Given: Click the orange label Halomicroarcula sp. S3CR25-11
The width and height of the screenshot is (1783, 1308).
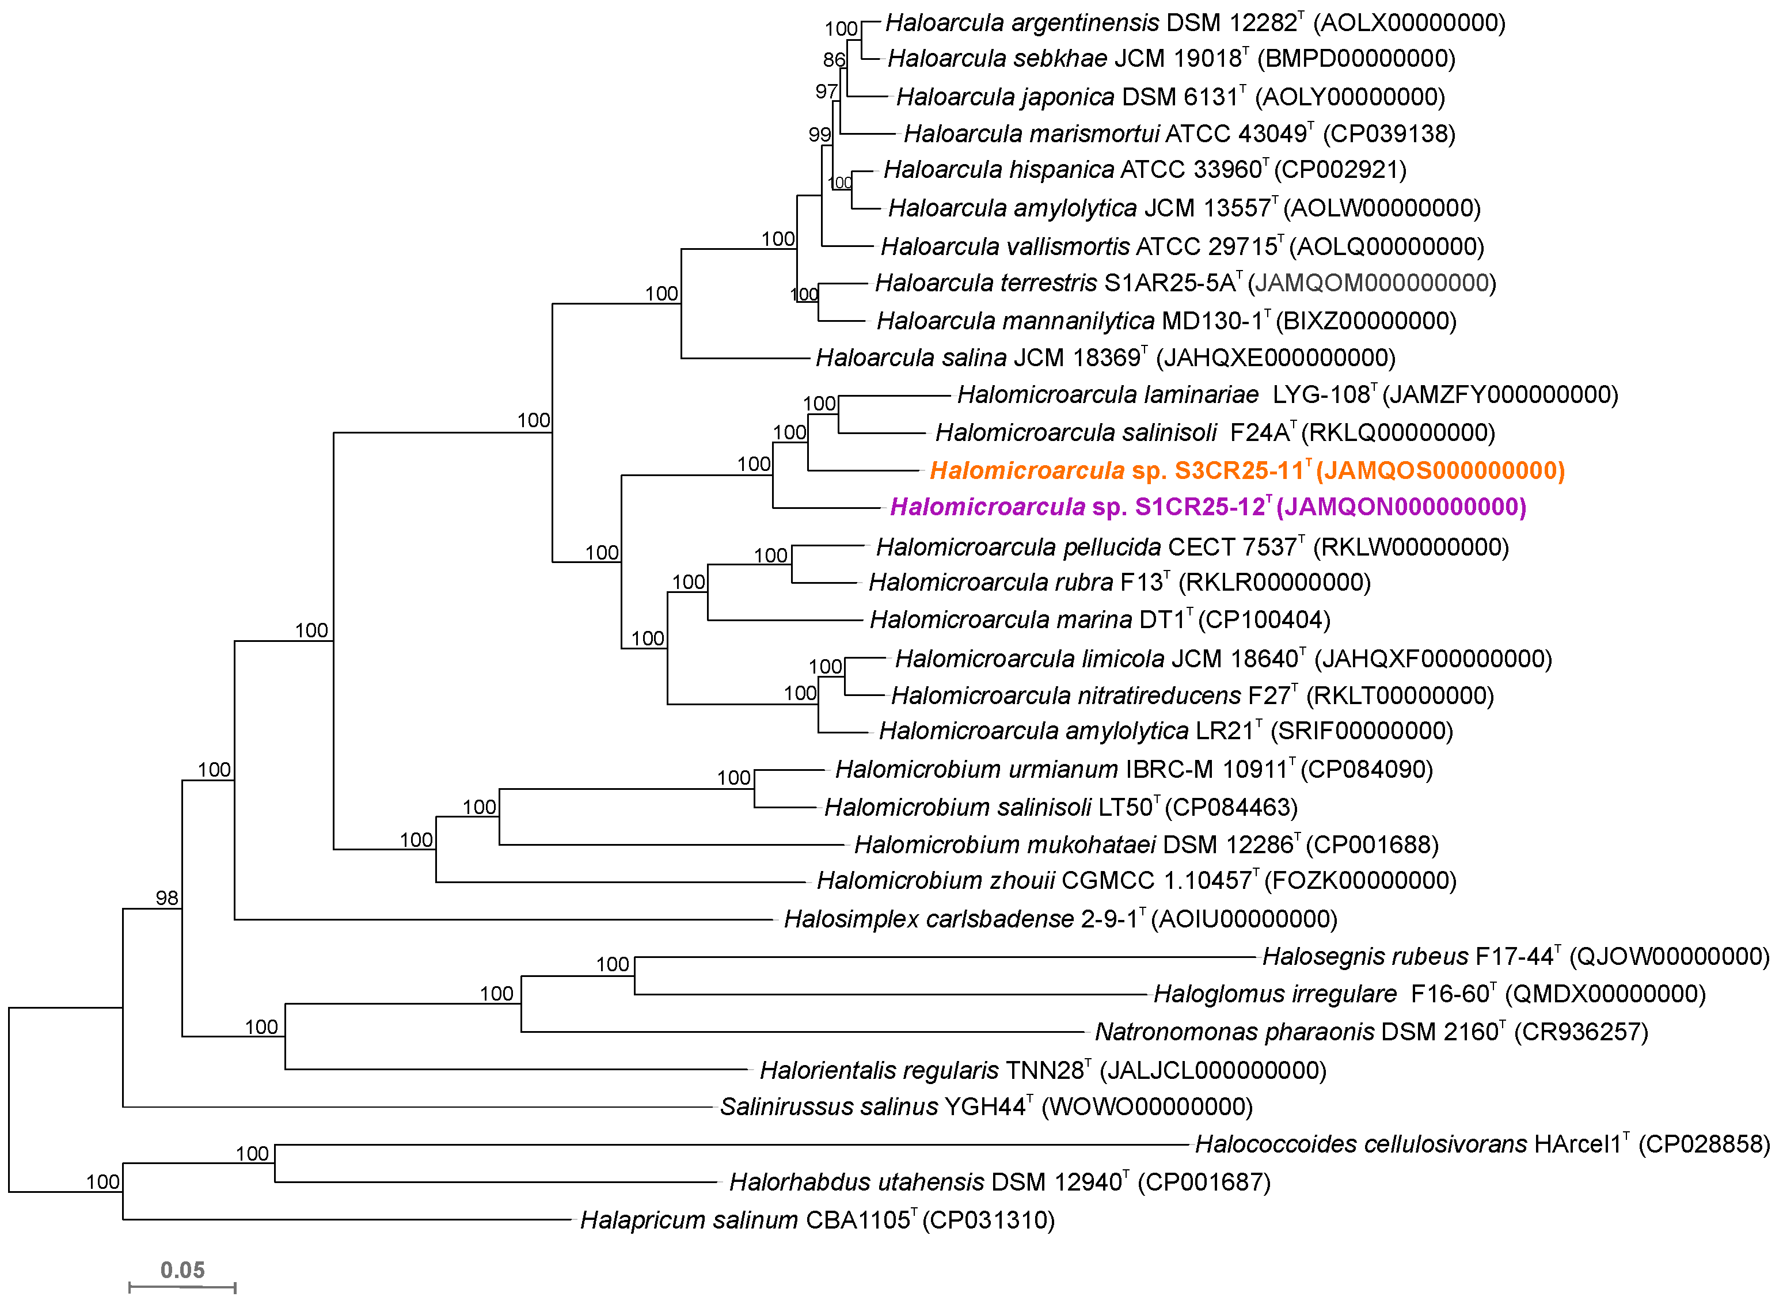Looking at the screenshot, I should pyautogui.click(x=1246, y=471).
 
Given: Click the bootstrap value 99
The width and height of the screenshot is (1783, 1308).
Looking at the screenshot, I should pyautogui.click(x=819, y=135).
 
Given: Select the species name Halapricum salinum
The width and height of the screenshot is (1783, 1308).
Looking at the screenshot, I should pyautogui.click(x=688, y=1220).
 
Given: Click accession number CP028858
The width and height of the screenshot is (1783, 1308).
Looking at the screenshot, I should pyautogui.click(x=1703, y=1144).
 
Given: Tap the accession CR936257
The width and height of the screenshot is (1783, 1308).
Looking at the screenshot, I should pyautogui.click(x=1580, y=1032).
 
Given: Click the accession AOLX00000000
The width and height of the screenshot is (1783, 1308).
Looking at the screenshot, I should pyautogui.click(x=1409, y=23).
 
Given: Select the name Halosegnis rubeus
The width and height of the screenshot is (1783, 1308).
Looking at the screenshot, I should pyautogui.click(x=1365, y=956).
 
